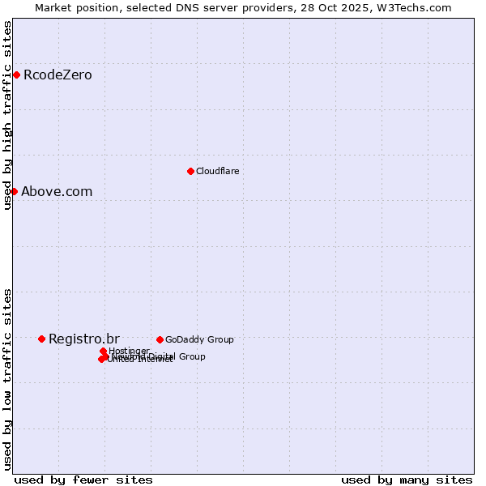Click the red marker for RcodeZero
pos(16,75)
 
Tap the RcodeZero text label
pos(58,75)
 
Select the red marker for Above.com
pos(14,191)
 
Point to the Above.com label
pos(57,192)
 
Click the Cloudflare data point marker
pos(190,171)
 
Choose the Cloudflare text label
pos(217,171)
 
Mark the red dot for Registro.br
pos(41,339)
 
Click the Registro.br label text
pos(84,339)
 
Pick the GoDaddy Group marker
pos(160,339)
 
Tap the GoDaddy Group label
pos(199,339)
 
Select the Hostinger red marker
pos(103,352)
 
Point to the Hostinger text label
pos(130,351)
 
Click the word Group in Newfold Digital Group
pos(192,356)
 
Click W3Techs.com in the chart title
pos(417,7)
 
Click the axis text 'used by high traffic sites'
pos(7,116)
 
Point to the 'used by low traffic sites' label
pos(7,378)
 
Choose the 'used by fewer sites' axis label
pos(83,480)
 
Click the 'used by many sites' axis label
pos(407,480)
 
